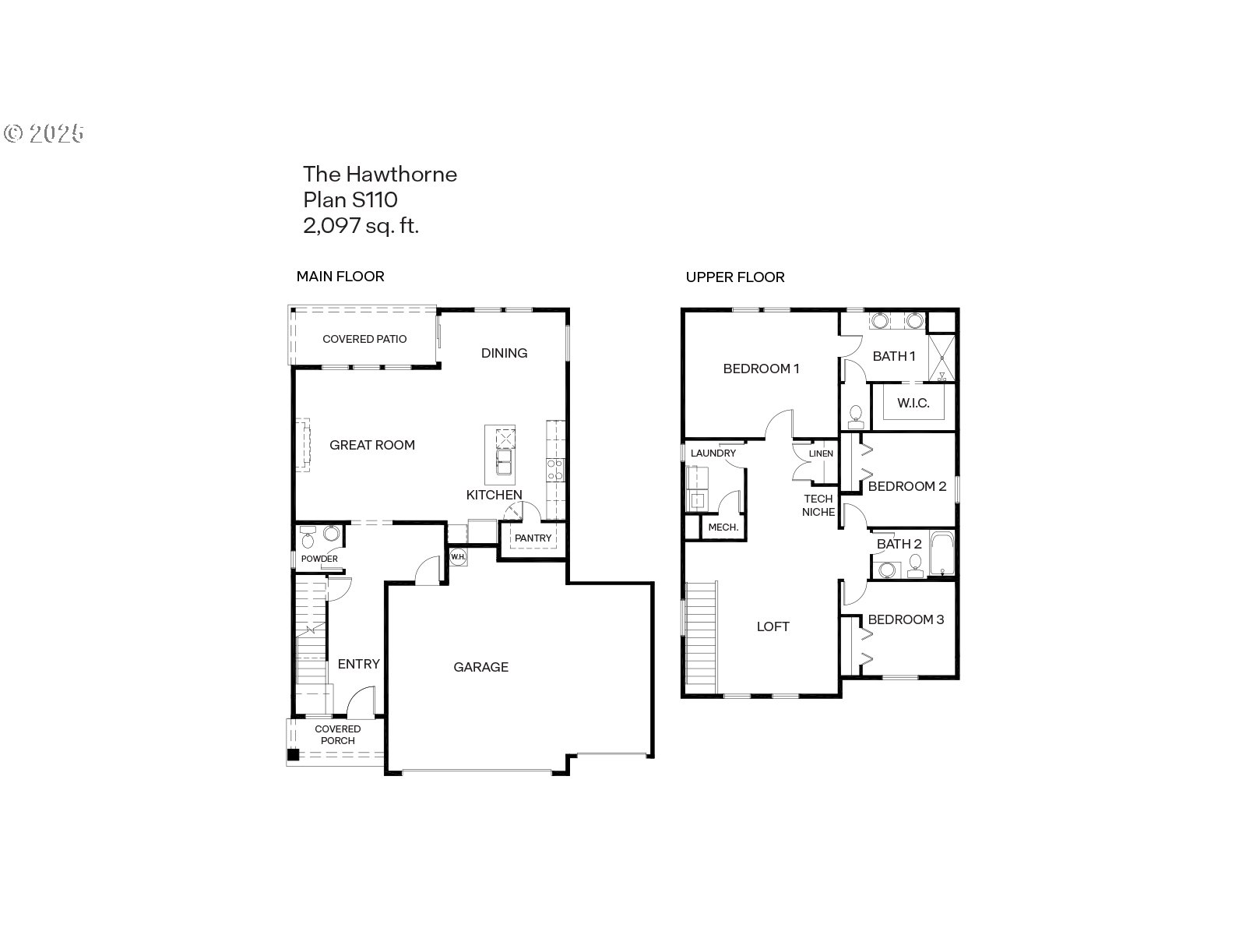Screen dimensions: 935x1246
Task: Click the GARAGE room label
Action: (480, 667)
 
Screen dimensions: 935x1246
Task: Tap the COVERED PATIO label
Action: (364, 339)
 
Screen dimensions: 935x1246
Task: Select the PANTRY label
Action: (533, 538)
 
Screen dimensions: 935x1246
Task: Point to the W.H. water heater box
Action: (457, 556)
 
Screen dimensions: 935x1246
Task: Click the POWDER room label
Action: (319, 559)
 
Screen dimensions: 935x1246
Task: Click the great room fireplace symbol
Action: (302, 445)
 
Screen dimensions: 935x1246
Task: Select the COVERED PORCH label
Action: (338, 735)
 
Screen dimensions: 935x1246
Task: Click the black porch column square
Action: (293, 753)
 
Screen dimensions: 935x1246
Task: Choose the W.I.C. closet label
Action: (913, 404)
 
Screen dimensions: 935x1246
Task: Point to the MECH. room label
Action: (723, 527)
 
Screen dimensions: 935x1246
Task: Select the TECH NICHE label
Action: (818, 505)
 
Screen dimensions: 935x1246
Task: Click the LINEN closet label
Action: (821, 453)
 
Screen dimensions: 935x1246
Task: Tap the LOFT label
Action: (773, 626)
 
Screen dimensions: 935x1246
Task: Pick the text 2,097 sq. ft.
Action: (361, 226)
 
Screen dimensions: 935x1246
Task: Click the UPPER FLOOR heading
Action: (734, 277)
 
